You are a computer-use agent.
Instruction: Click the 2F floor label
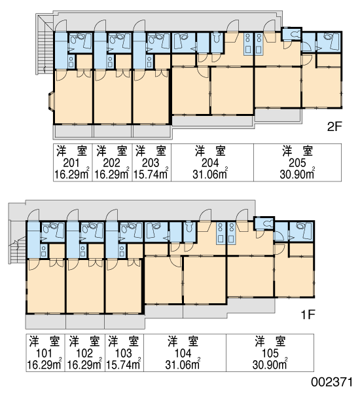coord(334,127)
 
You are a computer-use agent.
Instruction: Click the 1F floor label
coord(308,315)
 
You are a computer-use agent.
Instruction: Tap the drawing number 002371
coord(332,383)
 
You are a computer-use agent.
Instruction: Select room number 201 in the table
coord(71,163)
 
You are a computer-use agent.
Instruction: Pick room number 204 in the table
coord(210,163)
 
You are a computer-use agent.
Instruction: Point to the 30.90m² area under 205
coord(297,174)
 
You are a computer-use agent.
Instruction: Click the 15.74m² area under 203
coord(151,174)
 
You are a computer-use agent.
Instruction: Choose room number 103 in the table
coord(123,353)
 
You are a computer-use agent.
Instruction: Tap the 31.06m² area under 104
coord(183,364)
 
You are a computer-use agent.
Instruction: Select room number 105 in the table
coord(270,353)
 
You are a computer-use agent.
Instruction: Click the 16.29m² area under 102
coord(84,364)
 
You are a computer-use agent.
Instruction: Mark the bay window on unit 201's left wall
coord(50,102)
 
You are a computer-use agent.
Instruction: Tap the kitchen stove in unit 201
coord(71,62)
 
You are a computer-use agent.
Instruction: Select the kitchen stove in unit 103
coord(122,251)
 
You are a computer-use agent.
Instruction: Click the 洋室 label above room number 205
coord(297,151)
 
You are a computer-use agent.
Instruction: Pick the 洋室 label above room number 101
coord(45,341)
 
